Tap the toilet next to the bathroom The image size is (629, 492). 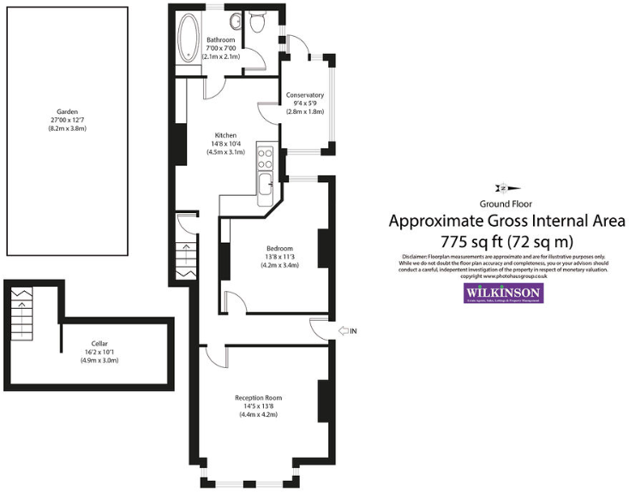click(257, 25)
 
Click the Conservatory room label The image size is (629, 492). click(305, 95)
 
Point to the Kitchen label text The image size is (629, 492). click(225, 135)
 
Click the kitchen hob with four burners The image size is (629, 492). click(266, 157)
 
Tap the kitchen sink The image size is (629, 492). click(266, 181)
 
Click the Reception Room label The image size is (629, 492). click(259, 398)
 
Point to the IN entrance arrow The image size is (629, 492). click(347, 329)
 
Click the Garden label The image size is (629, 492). click(68, 111)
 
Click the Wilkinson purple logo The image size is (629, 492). click(504, 293)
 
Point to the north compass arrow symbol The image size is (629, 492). click(503, 188)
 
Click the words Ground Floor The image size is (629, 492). click(506, 204)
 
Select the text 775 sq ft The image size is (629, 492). click(470, 240)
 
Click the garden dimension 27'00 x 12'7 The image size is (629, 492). click(68, 120)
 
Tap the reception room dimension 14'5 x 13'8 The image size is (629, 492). click(259, 406)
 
